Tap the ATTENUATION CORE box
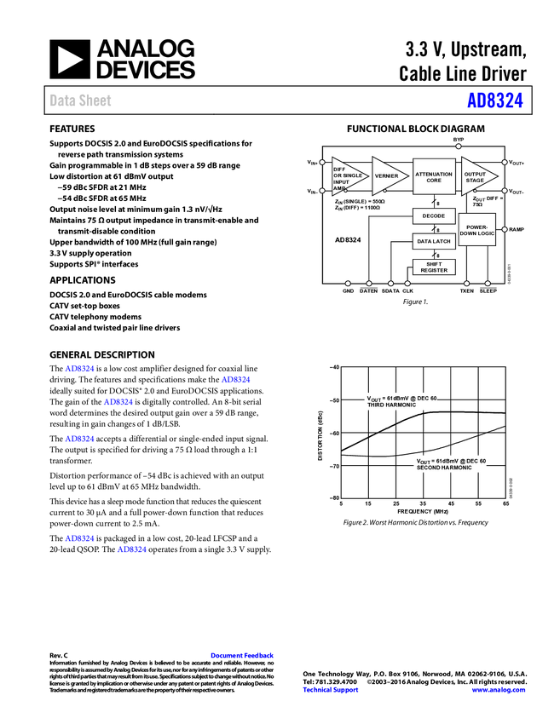tap(434, 176)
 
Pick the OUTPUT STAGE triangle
tap(476, 176)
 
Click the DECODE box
tap(434, 216)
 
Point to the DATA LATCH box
tap(434, 241)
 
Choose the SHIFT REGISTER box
tap(434, 267)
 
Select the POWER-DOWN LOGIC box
tap(477, 230)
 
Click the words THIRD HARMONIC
tap(392, 405)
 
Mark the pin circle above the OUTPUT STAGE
tap(459, 147)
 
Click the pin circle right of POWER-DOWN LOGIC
tap(505, 229)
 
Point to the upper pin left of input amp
tap(322, 162)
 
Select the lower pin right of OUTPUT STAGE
tap(505, 191)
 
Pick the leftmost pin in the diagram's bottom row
tap(348, 283)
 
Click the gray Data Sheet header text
tap(81, 101)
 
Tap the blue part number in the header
tap(494, 101)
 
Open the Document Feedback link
tap(243, 656)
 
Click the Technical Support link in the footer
tap(331, 690)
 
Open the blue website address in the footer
tap(499, 690)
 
